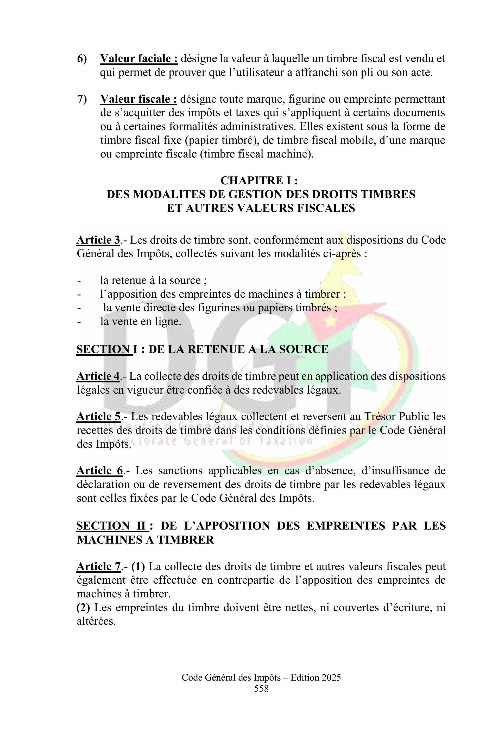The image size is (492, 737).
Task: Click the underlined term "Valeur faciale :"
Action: pos(139,58)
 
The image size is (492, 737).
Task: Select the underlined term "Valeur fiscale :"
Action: pos(138,99)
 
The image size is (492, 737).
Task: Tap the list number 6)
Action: pos(82,58)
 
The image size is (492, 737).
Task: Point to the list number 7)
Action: pos(82,99)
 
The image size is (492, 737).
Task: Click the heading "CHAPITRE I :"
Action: pos(259,180)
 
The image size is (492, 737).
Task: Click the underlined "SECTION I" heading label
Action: pos(104,349)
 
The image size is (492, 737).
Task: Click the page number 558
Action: pos(261,689)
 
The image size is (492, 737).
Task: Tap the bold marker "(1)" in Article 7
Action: pos(138,566)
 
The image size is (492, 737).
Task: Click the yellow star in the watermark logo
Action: pos(330,320)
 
